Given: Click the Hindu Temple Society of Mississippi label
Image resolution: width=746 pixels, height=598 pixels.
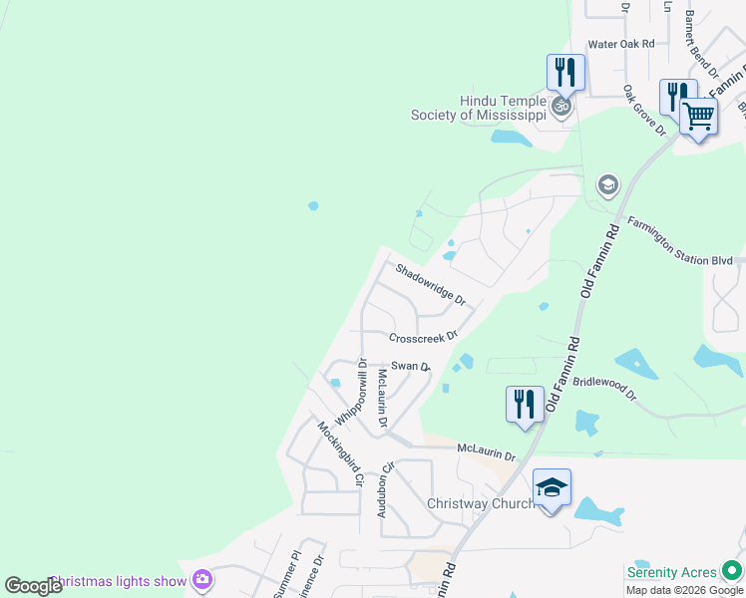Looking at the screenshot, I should tap(479, 108).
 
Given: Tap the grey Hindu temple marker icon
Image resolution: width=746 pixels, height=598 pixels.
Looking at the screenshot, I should tap(562, 105).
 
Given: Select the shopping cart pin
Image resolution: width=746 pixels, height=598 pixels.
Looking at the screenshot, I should tap(698, 118).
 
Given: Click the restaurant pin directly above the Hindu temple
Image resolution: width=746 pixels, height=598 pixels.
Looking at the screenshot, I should tap(565, 72).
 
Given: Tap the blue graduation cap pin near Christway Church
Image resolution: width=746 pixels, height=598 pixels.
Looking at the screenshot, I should tap(552, 488).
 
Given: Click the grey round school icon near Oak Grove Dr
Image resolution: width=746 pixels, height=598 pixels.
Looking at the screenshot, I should tap(607, 184).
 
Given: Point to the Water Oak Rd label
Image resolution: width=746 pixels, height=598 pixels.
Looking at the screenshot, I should tap(620, 44).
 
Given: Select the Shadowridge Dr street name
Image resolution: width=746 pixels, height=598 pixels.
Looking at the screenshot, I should tap(430, 282).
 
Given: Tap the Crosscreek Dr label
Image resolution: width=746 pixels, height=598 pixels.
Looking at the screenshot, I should tap(423, 337).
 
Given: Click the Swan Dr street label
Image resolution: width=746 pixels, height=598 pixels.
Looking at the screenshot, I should tap(410, 367).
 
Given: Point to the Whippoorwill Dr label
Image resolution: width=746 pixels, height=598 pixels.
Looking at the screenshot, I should tap(353, 393).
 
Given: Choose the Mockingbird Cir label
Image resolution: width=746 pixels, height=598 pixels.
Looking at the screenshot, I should tap(338, 454).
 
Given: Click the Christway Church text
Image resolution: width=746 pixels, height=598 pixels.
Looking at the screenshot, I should tap(480, 503).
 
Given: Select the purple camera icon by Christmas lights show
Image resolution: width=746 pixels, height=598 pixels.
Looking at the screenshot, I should tap(202, 579).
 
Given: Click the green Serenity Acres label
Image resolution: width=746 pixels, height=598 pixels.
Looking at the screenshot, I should tap(671, 572).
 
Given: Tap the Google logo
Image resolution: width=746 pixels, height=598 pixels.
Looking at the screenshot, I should tap(33, 586).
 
